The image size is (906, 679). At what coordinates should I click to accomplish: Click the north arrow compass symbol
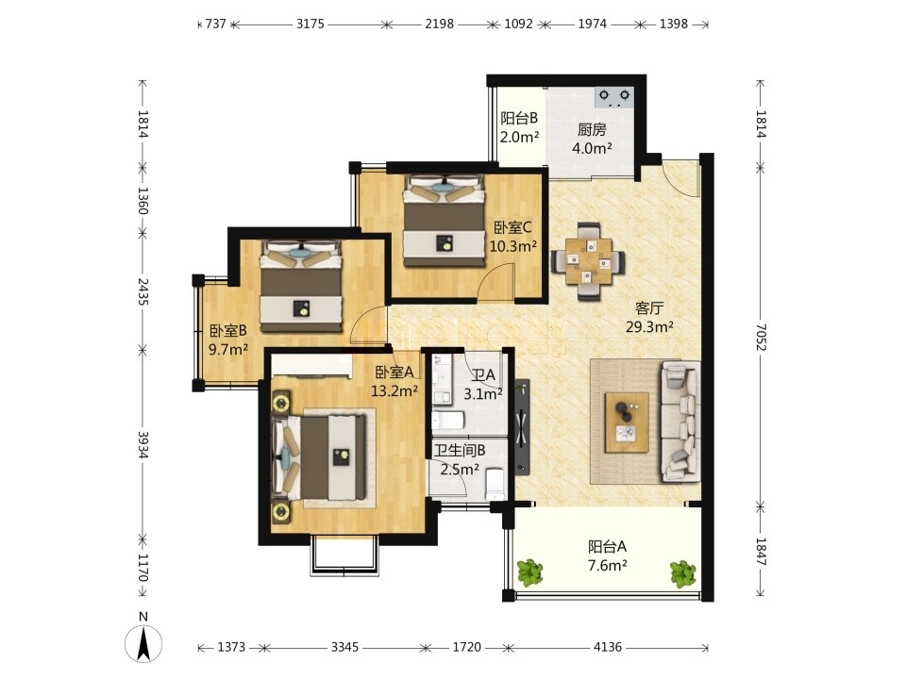coord(143,642)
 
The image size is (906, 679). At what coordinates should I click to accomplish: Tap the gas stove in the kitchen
coord(614,96)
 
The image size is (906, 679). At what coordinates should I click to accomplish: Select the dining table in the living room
coord(588,261)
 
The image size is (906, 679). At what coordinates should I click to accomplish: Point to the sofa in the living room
coord(680,422)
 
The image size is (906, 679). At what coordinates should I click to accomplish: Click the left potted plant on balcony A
coord(529,572)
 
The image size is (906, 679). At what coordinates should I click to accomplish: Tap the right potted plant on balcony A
coord(683,574)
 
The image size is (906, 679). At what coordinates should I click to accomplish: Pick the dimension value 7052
coord(761,338)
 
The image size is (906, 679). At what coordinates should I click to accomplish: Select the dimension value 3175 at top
coord(310,25)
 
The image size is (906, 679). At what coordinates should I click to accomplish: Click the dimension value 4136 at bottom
coord(608,647)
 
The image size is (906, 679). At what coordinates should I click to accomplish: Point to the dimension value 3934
coord(143,444)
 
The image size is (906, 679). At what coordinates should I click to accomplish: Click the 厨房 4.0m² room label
coord(592,140)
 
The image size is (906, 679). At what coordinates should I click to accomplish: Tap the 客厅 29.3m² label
coord(649,318)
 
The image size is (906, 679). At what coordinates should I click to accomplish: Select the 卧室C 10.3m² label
coord(513,237)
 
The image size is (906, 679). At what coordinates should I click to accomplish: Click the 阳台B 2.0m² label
coord(519,127)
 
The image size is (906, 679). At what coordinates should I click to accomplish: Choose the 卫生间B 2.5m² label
coord(460,459)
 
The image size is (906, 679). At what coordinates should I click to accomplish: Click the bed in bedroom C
coord(444,221)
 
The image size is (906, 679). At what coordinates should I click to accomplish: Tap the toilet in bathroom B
coord(495,484)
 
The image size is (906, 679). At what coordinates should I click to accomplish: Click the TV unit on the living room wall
coord(523,426)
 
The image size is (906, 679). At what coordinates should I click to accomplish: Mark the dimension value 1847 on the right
coord(761,552)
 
